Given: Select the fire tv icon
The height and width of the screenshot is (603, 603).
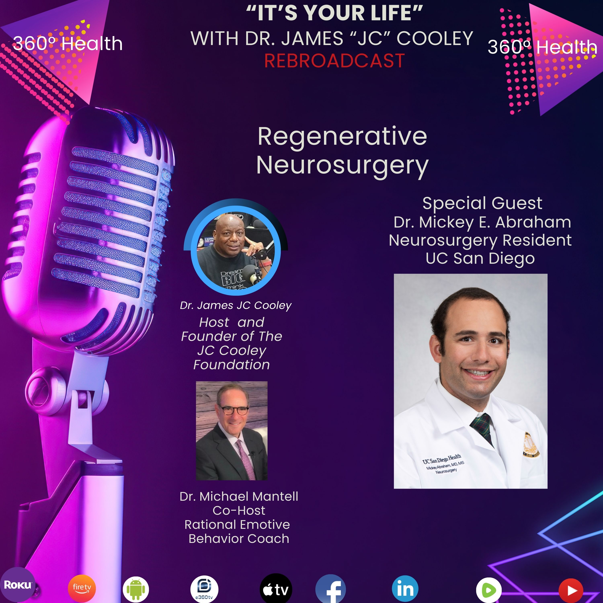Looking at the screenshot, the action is click(x=82, y=588).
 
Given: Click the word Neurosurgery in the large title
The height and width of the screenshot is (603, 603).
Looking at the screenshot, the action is click(x=342, y=165).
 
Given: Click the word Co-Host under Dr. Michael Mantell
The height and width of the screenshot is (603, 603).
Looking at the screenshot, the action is click(x=239, y=510).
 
